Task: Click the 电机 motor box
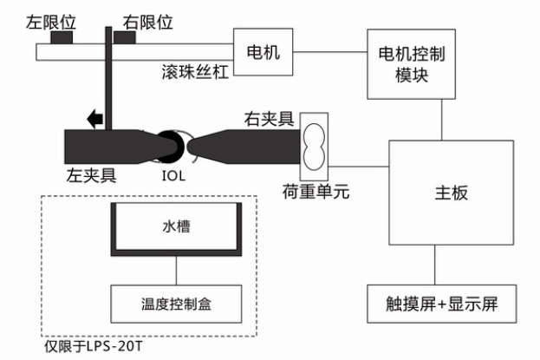click(263, 52)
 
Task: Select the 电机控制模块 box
click(411, 64)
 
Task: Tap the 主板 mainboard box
click(451, 193)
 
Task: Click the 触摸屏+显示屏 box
click(441, 304)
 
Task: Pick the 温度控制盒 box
click(176, 304)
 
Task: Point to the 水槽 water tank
click(176, 229)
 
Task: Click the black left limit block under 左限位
click(62, 37)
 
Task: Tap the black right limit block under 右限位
click(124, 37)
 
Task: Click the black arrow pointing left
click(94, 119)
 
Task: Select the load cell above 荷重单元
click(314, 147)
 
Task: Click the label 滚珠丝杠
click(195, 72)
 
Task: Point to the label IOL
click(173, 176)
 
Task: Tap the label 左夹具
click(91, 175)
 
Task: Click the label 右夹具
click(269, 119)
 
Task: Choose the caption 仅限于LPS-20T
click(93, 346)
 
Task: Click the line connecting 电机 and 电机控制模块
click(330, 52)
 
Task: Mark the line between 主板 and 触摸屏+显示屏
click(434, 265)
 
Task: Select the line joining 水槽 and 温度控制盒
click(176, 271)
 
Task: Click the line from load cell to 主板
click(359, 167)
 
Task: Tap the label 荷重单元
click(316, 192)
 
